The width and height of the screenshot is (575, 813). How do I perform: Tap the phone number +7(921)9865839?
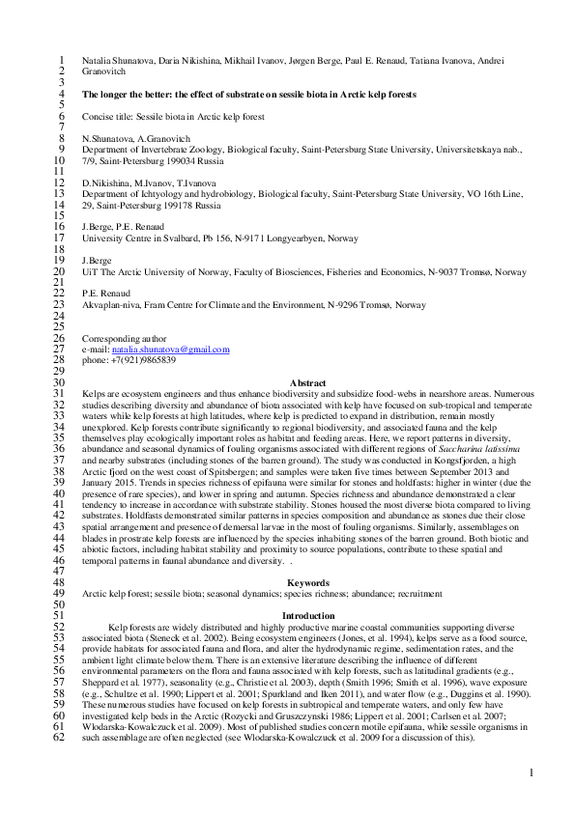(141, 360)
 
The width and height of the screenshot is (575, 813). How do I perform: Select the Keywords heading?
(307, 583)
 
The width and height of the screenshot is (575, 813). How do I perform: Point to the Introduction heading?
(307, 616)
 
